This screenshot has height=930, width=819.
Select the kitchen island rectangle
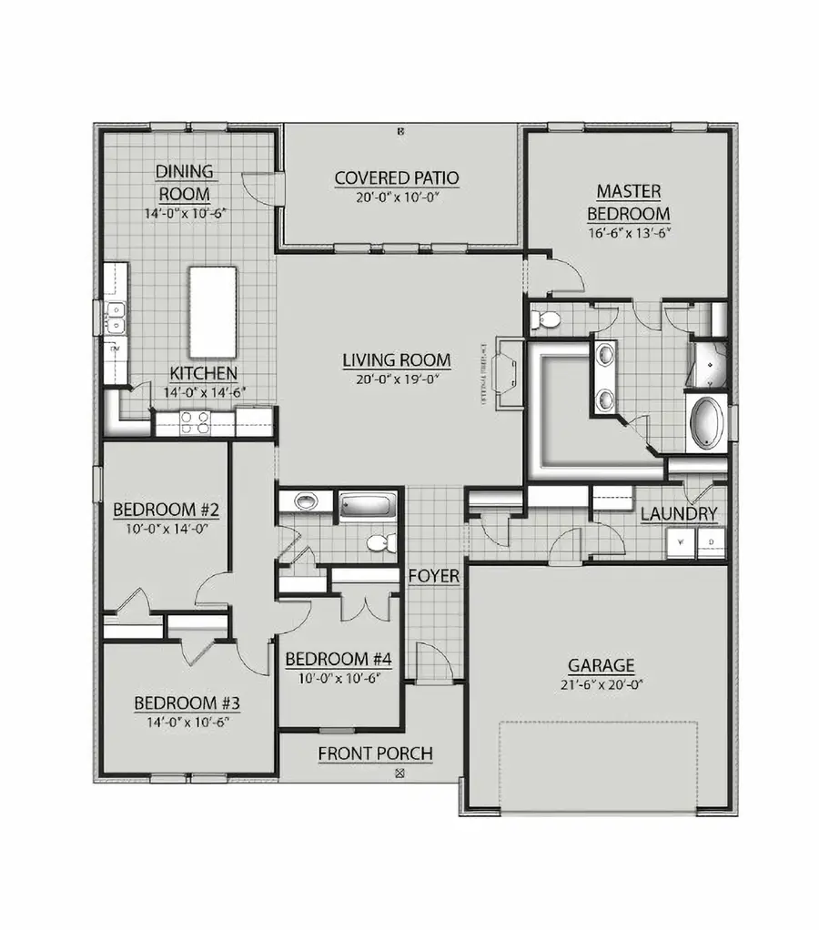(213, 312)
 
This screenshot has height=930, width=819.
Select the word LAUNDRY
(679, 514)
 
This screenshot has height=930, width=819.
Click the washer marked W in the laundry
(678, 543)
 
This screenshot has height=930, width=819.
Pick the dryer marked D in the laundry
(710, 543)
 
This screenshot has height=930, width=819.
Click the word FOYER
(433, 576)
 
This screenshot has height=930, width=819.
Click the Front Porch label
(375, 753)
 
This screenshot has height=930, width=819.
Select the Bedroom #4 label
(338, 659)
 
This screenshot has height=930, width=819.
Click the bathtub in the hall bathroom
(369, 505)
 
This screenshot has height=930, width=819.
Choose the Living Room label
(396, 359)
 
